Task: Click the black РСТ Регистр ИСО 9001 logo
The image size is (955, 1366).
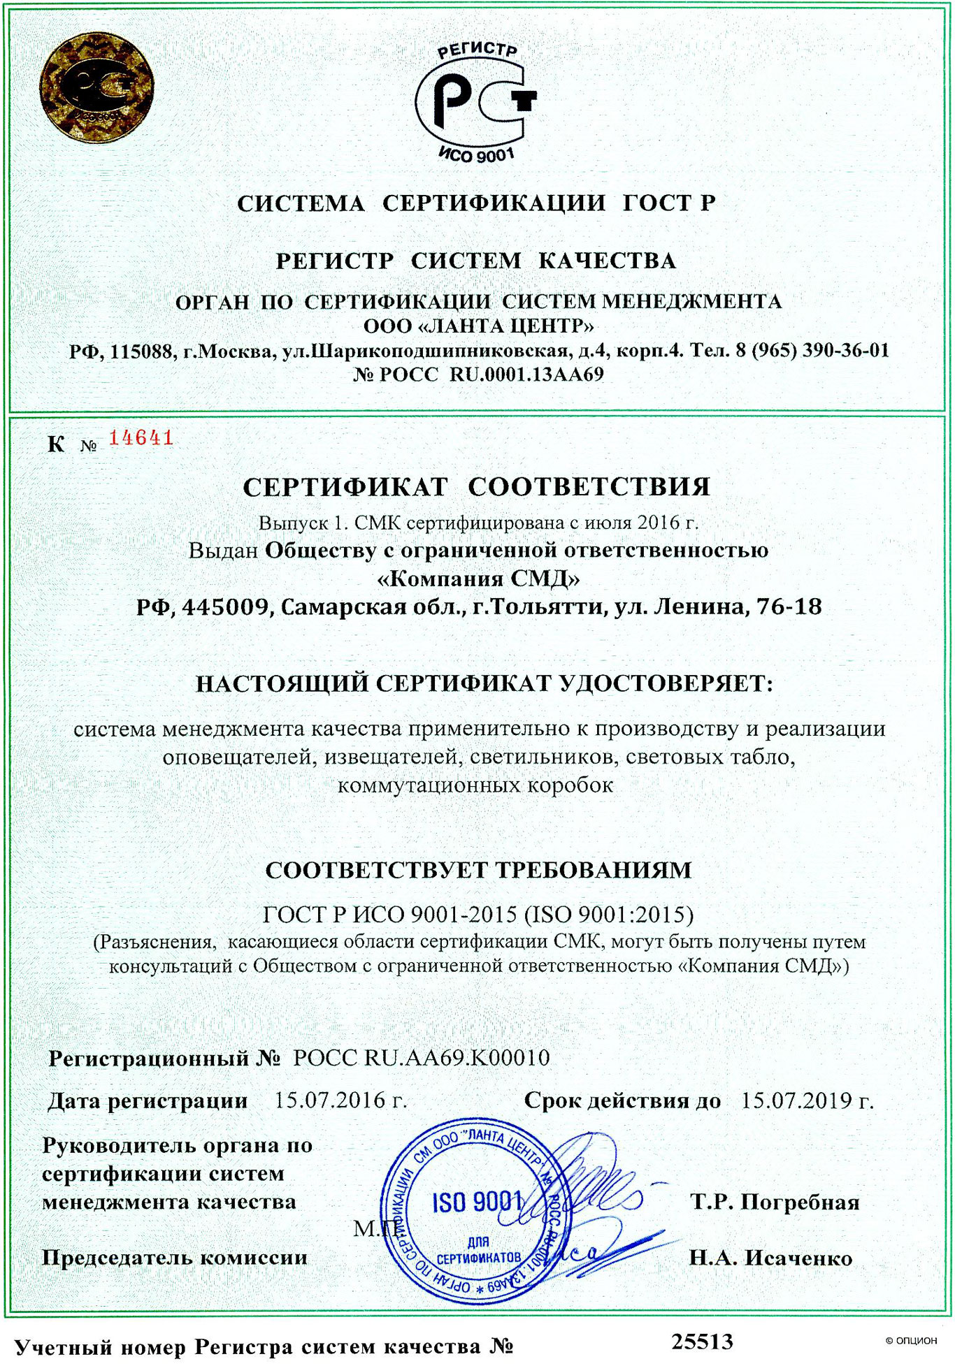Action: click(x=475, y=101)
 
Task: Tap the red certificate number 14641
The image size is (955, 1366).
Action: click(x=141, y=438)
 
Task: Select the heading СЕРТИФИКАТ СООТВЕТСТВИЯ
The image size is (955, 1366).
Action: click(x=477, y=487)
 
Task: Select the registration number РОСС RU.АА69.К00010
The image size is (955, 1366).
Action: click(x=421, y=1058)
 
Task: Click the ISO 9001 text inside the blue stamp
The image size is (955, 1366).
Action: click(x=477, y=1202)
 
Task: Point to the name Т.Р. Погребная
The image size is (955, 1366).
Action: click(x=775, y=1202)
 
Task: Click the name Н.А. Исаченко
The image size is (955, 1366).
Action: click(x=770, y=1258)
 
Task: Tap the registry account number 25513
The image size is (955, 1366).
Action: click(x=703, y=1342)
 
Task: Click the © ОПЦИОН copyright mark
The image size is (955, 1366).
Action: click(x=911, y=1341)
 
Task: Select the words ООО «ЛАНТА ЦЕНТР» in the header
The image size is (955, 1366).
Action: click(x=478, y=326)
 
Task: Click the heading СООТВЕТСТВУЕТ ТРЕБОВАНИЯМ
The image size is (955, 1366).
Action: click(x=478, y=870)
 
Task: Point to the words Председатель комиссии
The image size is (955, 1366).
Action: click(x=175, y=1258)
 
